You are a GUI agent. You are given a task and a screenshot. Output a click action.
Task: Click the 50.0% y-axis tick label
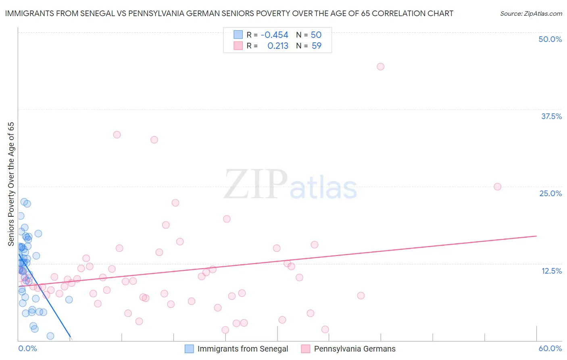pyautogui.click(x=550, y=39)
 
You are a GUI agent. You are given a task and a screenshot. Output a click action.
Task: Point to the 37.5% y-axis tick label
pyautogui.click(x=551, y=116)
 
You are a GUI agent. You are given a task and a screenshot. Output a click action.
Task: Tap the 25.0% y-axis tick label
pyautogui.click(x=550, y=193)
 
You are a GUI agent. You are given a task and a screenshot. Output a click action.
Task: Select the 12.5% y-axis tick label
pyautogui.click(x=551, y=271)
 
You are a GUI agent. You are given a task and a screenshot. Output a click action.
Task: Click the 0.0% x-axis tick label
pyautogui.click(x=28, y=348)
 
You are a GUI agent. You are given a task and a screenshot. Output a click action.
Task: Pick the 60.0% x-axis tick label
pyautogui.click(x=550, y=348)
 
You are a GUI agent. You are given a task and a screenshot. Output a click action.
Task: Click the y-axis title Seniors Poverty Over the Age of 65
pyautogui.click(x=11, y=184)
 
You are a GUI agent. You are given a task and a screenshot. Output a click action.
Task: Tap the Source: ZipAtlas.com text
pyautogui.click(x=531, y=13)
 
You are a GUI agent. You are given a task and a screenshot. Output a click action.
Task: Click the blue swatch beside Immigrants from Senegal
pyautogui.click(x=189, y=349)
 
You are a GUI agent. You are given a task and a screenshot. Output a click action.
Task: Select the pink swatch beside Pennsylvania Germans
pyautogui.click(x=306, y=349)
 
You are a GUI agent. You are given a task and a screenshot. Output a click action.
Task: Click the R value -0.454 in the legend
pyautogui.click(x=274, y=35)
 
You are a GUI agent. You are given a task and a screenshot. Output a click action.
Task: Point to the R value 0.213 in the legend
pyautogui.click(x=278, y=46)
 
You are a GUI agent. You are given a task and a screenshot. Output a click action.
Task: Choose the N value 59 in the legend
pyautogui.click(x=317, y=46)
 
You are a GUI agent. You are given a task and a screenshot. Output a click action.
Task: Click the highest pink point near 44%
pyautogui.click(x=380, y=67)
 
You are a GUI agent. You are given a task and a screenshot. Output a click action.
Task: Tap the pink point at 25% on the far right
pyautogui.click(x=497, y=186)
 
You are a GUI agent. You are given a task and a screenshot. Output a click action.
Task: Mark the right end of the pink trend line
pyautogui.click(x=536, y=236)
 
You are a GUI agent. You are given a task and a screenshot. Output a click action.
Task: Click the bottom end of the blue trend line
pyautogui.click(x=71, y=337)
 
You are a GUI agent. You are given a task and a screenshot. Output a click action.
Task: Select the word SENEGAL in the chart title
pyautogui.click(x=102, y=13)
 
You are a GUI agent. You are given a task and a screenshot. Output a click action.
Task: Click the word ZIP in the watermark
pyautogui.click(x=255, y=185)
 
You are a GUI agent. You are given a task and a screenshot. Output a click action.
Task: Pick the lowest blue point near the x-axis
pyautogui.click(x=50, y=336)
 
